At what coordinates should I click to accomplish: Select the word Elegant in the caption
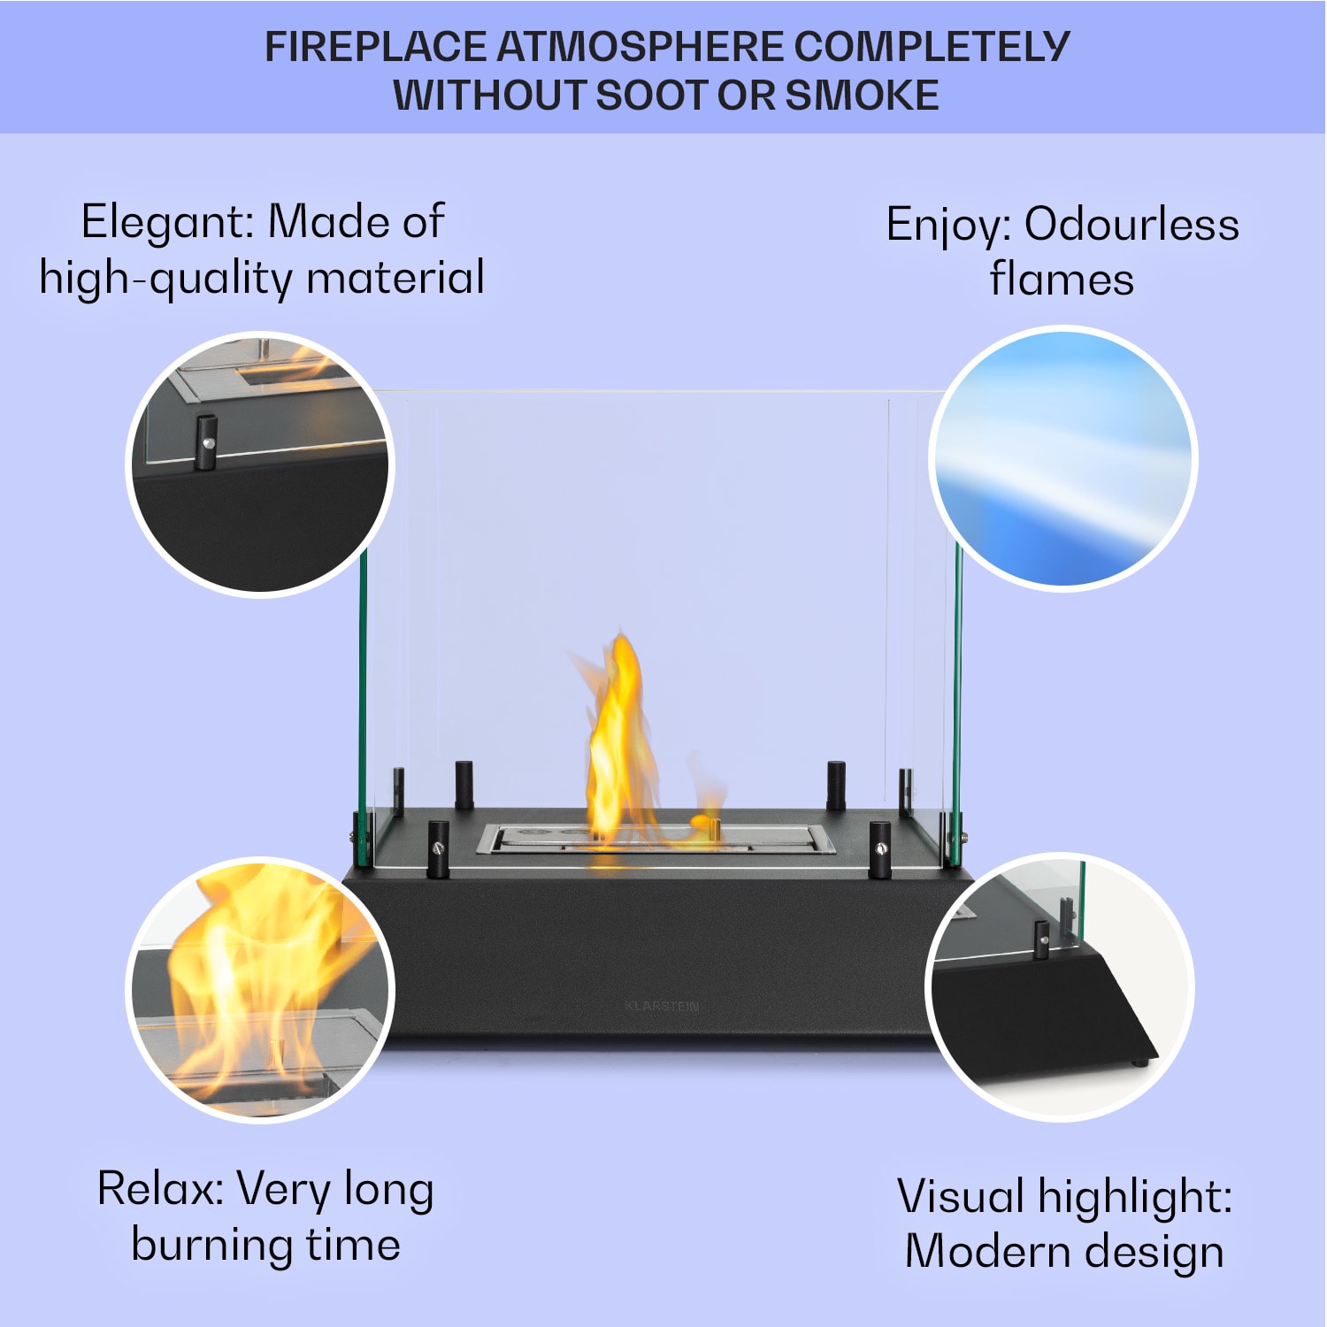(167, 222)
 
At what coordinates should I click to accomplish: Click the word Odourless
(1131, 225)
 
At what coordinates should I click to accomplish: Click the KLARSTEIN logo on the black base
(662, 1006)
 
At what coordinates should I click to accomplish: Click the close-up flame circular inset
(260, 989)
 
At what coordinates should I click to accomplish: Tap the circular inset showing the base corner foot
(1060, 987)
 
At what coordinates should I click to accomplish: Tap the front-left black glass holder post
(438, 849)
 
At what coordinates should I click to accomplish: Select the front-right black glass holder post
(879, 849)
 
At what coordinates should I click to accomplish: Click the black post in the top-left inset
(206, 441)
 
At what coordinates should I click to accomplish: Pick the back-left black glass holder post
(464, 784)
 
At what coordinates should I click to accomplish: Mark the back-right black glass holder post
(836, 784)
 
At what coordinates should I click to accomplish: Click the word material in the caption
(395, 278)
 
